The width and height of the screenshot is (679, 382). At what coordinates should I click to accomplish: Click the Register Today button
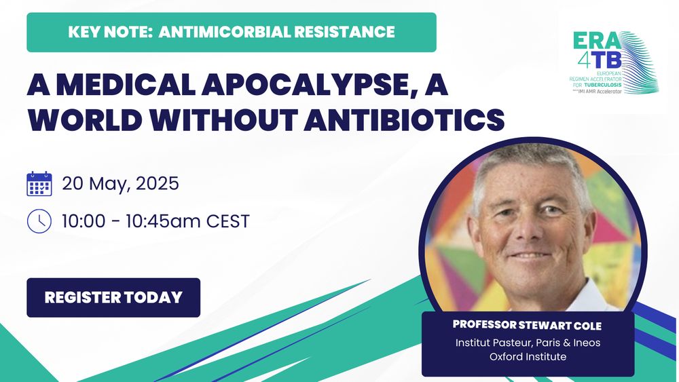[x=113, y=298]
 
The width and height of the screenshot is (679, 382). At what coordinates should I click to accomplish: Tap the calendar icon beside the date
[x=39, y=184]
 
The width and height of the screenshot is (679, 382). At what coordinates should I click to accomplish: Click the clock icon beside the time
[x=39, y=221]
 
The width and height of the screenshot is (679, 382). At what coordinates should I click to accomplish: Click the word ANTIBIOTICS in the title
[x=405, y=119]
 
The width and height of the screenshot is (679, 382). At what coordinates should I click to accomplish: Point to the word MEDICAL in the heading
[x=126, y=84]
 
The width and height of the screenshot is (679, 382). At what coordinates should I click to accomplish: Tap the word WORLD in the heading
[x=85, y=119]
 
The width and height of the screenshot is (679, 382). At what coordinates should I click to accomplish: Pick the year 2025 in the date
[x=158, y=183]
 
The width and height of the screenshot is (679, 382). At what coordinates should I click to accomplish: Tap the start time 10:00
[x=84, y=221]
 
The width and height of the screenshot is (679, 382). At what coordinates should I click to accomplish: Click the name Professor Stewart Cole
[x=528, y=325]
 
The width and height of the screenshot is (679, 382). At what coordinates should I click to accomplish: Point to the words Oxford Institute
[x=528, y=356]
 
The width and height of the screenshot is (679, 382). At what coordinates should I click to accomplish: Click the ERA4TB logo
[x=615, y=62]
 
